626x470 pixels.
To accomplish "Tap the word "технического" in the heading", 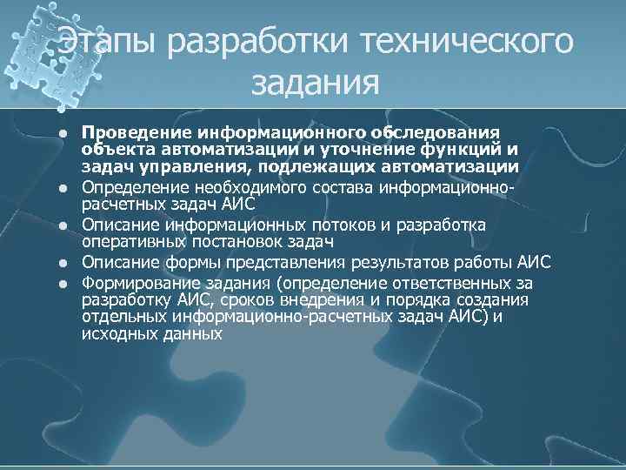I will (x=460, y=44).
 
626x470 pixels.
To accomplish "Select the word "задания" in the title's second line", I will (x=316, y=84).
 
